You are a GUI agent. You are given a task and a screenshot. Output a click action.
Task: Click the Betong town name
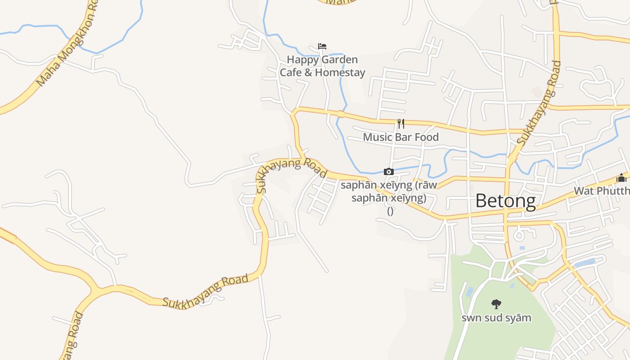505,201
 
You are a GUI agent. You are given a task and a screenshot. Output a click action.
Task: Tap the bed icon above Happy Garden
322,46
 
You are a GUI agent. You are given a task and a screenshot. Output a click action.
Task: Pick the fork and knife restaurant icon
401,124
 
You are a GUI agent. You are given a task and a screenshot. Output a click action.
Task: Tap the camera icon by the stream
389,171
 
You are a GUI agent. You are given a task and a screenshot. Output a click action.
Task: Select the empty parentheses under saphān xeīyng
390,211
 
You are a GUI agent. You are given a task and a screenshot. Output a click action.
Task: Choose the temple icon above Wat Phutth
621,177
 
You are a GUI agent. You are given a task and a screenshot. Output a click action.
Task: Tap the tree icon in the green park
496,304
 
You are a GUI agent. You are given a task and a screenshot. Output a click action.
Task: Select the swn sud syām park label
496,318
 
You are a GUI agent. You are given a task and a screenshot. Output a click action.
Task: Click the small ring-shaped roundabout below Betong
518,235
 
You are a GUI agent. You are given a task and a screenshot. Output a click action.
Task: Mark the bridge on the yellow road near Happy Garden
341,114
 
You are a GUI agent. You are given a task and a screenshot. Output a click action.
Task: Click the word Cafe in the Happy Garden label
291,72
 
